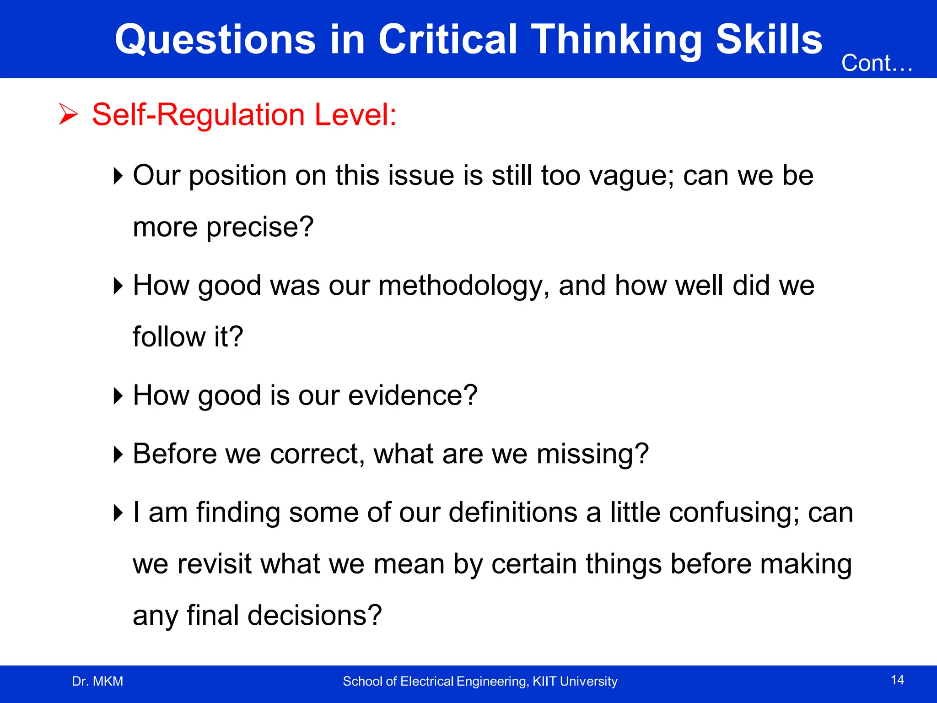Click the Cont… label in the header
[x=877, y=63]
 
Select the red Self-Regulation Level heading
[x=244, y=114]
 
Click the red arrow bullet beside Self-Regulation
[x=69, y=114]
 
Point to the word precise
[x=259, y=227]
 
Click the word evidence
[x=412, y=395]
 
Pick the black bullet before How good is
[x=118, y=395]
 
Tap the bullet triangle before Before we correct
[x=118, y=454]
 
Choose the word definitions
[x=512, y=512]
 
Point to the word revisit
[x=215, y=564]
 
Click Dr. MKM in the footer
[x=97, y=681]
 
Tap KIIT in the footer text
[x=544, y=681]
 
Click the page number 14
[x=897, y=680]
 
